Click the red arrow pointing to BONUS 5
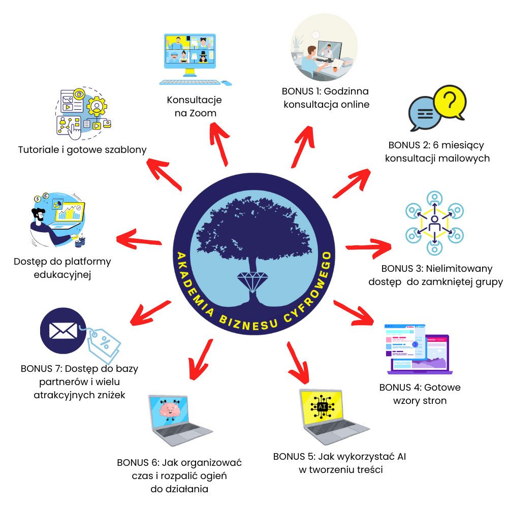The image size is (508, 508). [x=298, y=363]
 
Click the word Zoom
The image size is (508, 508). [x=203, y=113]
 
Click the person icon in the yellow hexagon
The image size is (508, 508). [x=434, y=224]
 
